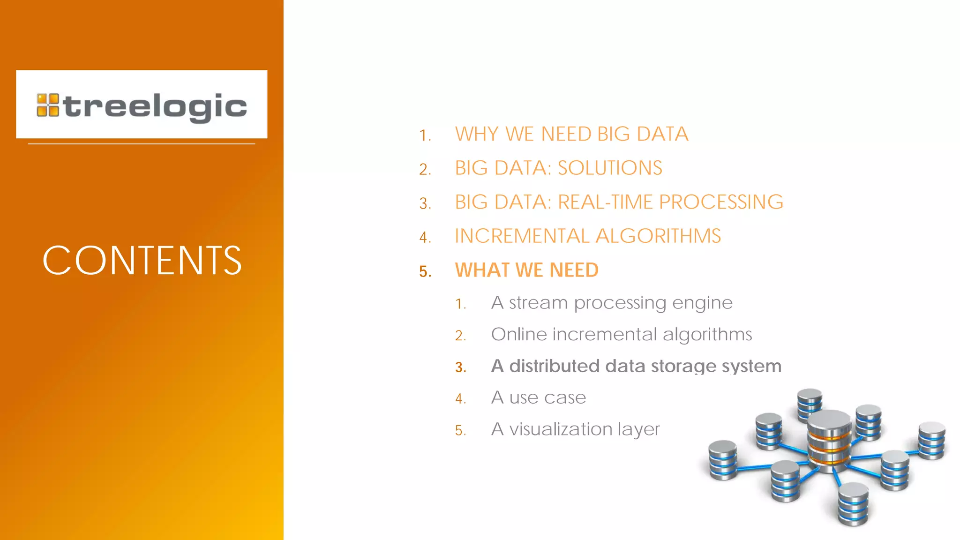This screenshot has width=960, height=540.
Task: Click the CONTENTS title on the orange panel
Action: click(x=142, y=260)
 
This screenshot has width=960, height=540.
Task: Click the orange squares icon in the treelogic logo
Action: click(x=48, y=105)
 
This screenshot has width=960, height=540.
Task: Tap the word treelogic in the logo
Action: click(x=155, y=106)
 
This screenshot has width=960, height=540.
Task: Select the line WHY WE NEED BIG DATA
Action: click(x=571, y=134)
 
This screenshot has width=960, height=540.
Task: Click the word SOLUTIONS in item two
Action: click(x=610, y=168)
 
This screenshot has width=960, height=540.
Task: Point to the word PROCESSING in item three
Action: click(x=721, y=202)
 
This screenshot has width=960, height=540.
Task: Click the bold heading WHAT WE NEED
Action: click(x=526, y=270)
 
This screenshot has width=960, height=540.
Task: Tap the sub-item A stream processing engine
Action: click(x=611, y=303)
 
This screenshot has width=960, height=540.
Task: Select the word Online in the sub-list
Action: click(x=519, y=335)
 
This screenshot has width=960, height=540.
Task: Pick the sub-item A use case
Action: click(x=538, y=397)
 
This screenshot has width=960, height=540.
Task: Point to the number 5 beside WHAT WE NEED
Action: click(x=425, y=271)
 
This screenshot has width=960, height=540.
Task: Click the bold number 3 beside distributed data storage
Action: click(x=460, y=367)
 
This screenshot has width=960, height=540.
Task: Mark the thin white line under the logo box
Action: click(x=142, y=144)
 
